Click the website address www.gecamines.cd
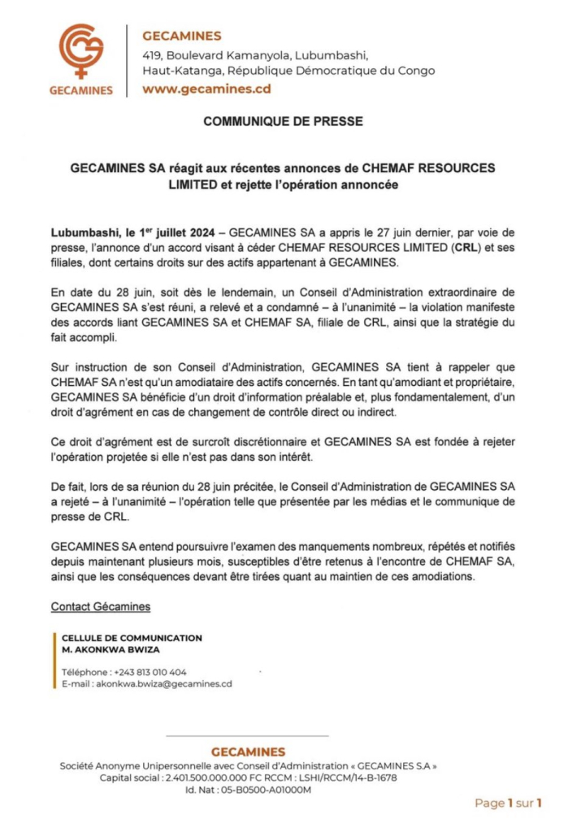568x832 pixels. pyautogui.click(x=206, y=89)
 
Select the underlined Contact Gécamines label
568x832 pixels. pyautogui.click(x=100, y=606)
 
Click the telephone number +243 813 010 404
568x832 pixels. pyautogui.click(x=150, y=672)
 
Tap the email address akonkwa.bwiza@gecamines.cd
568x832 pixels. pyautogui.click(x=164, y=684)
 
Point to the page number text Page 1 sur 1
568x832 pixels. pyautogui.click(x=508, y=803)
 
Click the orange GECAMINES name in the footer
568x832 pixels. pyautogui.click(x=248, y=752)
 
